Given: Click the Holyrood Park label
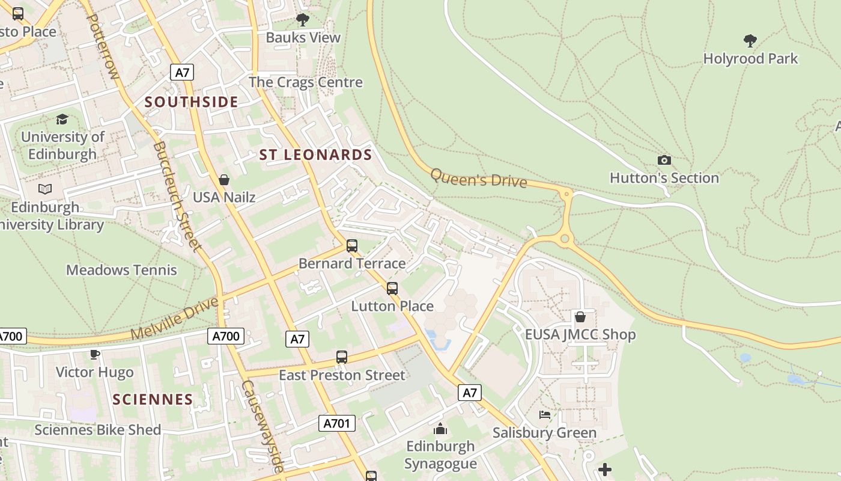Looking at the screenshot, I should point(750,58).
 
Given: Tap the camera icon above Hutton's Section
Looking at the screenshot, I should point(664,160).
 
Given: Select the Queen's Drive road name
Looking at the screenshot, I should point(479,179).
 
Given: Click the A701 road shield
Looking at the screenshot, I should point(336,423).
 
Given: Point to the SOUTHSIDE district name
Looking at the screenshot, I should point(192,102).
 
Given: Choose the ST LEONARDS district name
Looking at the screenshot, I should point(315,155).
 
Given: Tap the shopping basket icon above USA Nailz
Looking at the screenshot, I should point(224,180).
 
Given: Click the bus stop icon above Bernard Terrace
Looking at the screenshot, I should point(352,246).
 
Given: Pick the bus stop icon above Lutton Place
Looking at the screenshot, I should point(392,289).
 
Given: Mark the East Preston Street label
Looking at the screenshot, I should point(342,375).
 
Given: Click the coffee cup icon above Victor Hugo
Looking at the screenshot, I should point(94,354).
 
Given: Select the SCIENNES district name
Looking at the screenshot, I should point(153,399).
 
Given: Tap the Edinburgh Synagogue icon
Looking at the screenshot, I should point(440,429).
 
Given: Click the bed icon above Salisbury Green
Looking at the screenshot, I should point(545,415).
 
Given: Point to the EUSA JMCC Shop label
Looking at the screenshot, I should point(580,334).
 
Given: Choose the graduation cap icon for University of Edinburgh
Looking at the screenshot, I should point(62,119).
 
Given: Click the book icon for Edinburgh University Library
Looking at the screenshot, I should point(45,189).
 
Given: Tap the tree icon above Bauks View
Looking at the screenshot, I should point(303,20).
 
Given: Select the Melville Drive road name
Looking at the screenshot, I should point(175,317).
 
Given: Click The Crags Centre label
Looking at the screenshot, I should point(306,82).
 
